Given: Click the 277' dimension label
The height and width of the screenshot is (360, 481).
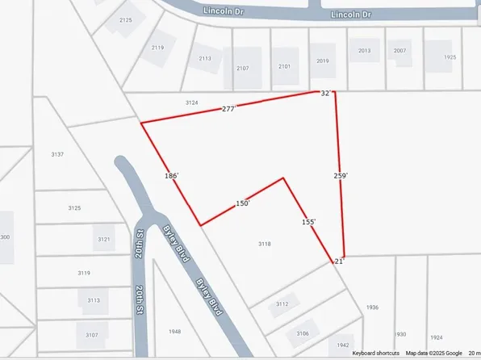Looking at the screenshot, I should [x=228, y=108].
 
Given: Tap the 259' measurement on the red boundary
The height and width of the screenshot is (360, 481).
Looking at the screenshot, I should [x=340, y=175].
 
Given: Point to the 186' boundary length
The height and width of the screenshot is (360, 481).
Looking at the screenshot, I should [x=170, y=174].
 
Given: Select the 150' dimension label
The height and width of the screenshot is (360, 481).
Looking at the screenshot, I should [x=243, y=204].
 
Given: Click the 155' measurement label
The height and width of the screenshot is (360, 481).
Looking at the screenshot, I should [x=308, y=222].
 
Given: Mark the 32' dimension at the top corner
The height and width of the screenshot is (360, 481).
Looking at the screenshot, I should [x=326, y=94].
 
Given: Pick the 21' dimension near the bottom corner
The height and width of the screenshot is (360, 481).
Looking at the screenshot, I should [x=339, y=262].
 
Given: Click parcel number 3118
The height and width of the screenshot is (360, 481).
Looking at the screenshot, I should [x=264, y=243].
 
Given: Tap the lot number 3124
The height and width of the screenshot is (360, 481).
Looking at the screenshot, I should [x=191, y=103].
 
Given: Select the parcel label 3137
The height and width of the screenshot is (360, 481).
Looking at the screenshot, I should [x=57, y=154].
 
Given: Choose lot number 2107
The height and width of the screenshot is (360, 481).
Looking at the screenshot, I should [x=242, y=68].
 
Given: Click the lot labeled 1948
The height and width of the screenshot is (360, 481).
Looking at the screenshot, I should [x=175, y=332].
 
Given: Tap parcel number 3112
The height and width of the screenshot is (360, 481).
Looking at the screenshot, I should [x=282, y=304].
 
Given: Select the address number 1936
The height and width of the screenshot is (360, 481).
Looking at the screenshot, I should [x=371, y=308].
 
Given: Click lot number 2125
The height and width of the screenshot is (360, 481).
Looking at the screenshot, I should [x=125, y=19].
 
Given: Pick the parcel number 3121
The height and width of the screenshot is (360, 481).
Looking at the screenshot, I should [x=104, y=240].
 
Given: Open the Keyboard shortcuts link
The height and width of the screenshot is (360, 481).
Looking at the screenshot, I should [x=375, y=353].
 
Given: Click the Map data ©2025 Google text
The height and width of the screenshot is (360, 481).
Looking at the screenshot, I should [x=434, y=353].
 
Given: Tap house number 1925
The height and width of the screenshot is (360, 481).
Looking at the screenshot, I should [x=450, y=57].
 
